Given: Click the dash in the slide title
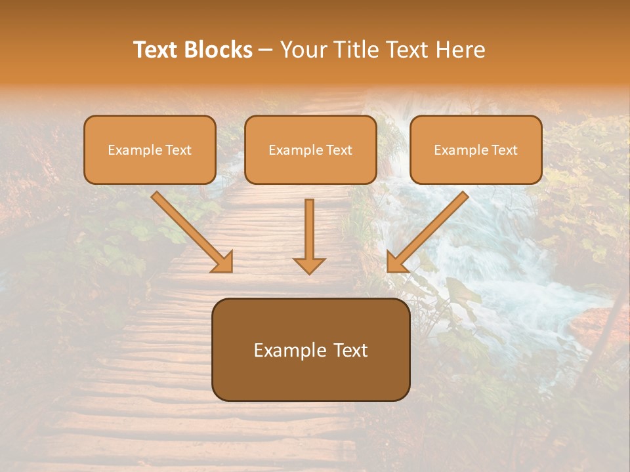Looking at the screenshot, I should click(266, 50).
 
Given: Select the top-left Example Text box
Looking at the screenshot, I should click(150, 149).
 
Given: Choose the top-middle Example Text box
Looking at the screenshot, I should click(310, 149).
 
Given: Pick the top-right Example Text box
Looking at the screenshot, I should click(476, 149).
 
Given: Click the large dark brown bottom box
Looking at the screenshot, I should click(310, 349).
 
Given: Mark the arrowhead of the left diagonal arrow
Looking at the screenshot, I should click(223, 262).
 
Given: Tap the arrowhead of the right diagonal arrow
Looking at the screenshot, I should click(396, 262).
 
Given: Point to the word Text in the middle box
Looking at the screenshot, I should click(339, 150).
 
